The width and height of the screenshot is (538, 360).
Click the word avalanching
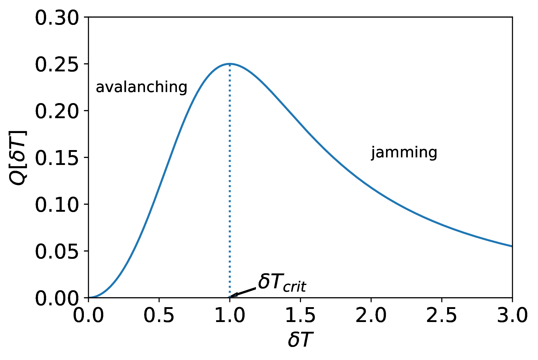point(141,87)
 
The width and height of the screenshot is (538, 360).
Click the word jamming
point(404,152)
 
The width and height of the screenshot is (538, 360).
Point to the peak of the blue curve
point(230,64)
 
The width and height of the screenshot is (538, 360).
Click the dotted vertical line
point(230,182)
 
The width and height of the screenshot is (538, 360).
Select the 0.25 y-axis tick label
point(57,64)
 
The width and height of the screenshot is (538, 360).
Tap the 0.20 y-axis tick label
point(57,111)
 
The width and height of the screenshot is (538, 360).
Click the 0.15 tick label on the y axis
point(57,158)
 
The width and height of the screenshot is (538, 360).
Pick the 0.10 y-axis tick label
point(57,205)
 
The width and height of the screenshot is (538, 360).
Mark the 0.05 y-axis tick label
point(57,252)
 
